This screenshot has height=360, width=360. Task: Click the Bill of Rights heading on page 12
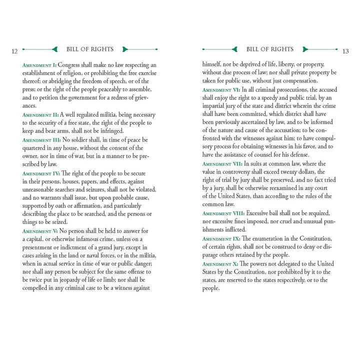click(x=90, y=49)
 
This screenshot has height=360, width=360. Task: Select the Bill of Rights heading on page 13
click(x=270, y=49)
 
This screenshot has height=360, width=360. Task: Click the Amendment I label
click(x=40, y=65)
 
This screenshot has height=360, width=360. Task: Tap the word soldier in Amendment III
click(x=88, y=140)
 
